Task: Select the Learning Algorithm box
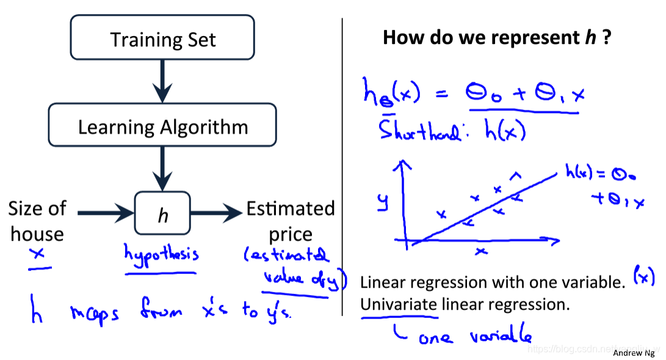(x=162, y=127)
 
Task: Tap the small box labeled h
(x=162, y=214)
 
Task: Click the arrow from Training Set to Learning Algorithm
(x=162, y=83)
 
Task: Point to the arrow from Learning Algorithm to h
(x=162, y=170)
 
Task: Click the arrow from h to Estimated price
(x=217, y=213)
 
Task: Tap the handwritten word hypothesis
(x=161, y=253)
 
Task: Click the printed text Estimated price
(x=291, y=221)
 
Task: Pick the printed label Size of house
(x=37, y=221)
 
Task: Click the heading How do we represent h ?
(x=497, y=38)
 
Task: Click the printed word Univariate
(x=399, y=304)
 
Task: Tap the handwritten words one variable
(x=474, y=336)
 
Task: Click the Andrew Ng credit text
(x=634, y=353)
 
